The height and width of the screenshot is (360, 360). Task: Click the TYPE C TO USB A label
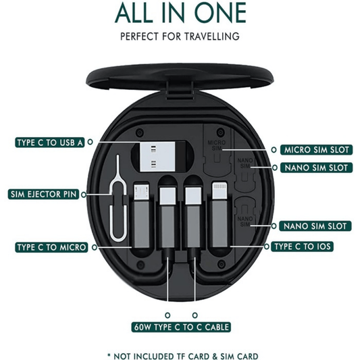(50, 143)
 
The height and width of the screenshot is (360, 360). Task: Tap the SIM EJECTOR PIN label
(43, 195)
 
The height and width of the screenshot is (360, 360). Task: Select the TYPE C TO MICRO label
(51, 247)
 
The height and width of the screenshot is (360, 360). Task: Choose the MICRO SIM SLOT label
(316, 150)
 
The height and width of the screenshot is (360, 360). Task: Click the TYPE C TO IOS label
(302, 247)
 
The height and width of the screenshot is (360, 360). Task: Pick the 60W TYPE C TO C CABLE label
(181, 327)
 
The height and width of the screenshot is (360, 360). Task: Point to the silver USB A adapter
(157, 156)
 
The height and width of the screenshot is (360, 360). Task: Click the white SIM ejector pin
(118, 199)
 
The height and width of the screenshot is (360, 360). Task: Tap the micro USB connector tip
(141, 191)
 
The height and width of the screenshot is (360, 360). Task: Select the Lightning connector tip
(220, 190)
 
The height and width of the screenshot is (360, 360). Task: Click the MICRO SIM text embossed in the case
(217, 145)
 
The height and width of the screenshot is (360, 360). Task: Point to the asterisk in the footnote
(109, 355)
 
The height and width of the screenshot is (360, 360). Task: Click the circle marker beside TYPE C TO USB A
(91, 142)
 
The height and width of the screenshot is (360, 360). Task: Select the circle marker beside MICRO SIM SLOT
(274, 150)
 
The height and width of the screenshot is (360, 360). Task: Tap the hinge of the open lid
(179, 90)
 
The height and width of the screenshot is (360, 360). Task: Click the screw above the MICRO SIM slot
(220, 132)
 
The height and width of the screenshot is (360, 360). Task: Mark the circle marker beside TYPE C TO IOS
(267, 247)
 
